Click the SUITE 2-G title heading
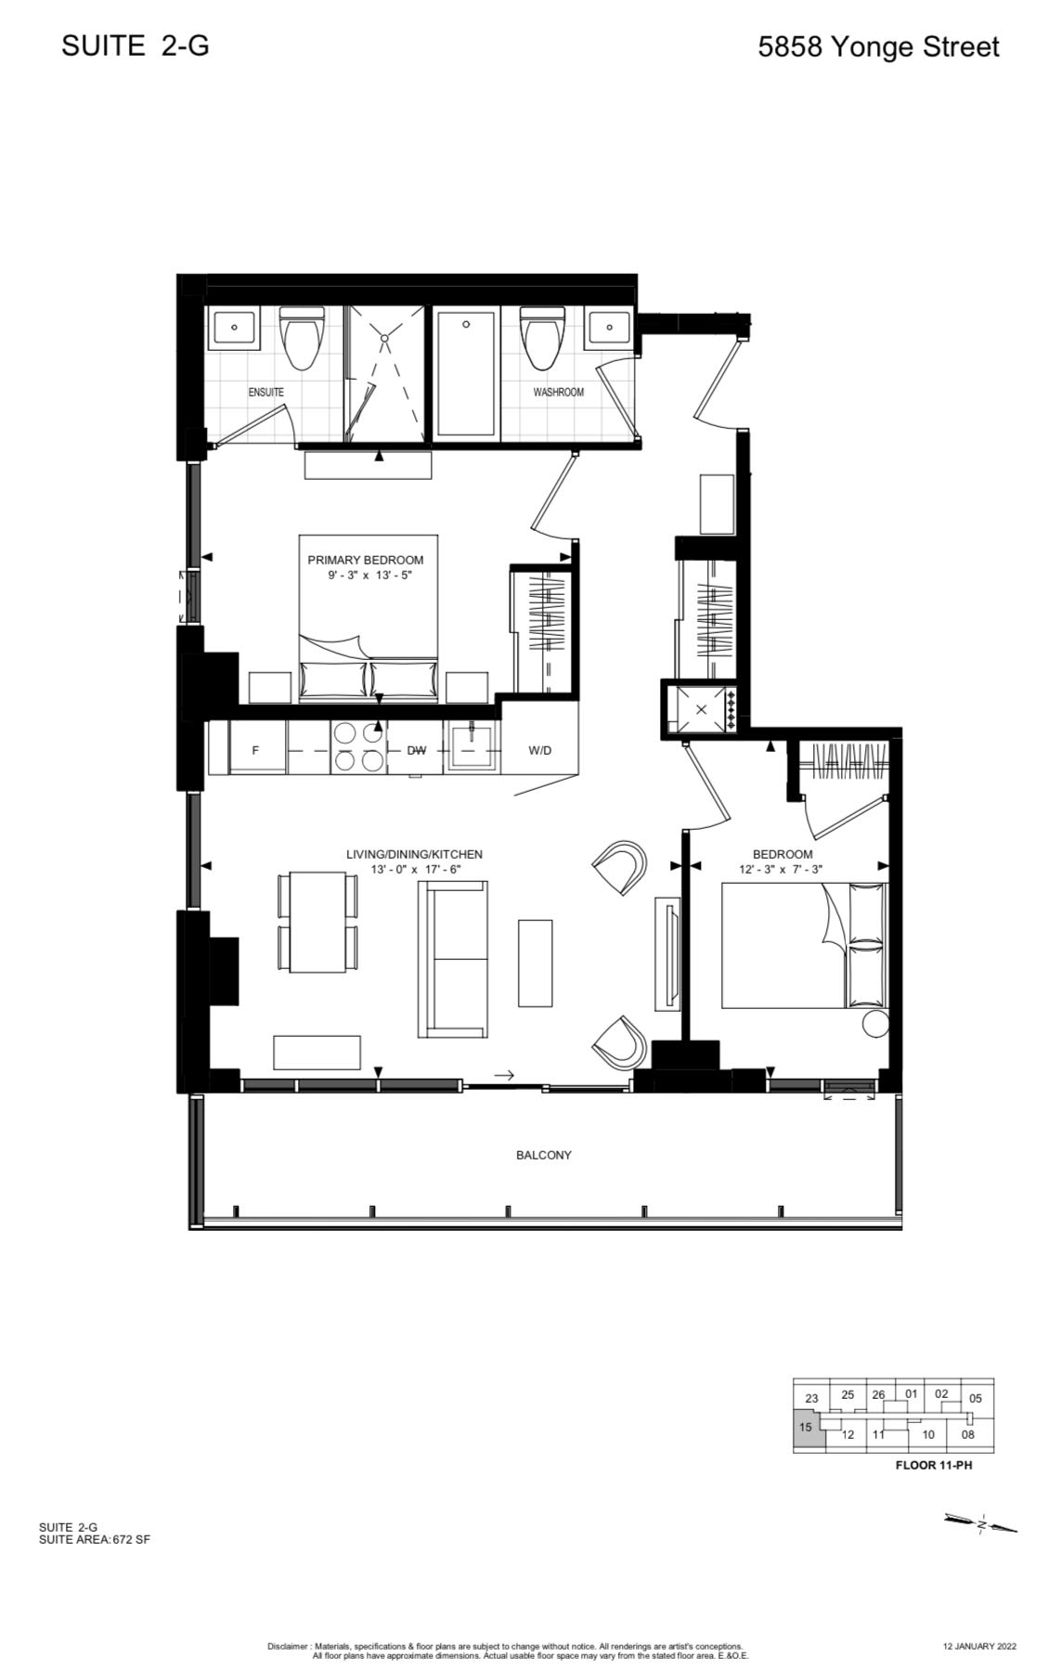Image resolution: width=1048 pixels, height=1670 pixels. coord(136,45)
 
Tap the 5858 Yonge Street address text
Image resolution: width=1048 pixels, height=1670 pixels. coord(878,47)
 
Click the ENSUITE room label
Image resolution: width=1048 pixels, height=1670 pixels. coord(265,392)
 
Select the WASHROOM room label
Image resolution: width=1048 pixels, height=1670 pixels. coord(558,392)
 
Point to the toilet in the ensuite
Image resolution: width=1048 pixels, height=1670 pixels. coord(303,339)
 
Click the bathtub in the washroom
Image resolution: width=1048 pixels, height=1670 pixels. coord(467,373)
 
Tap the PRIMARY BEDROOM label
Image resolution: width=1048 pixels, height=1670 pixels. coord(366,560)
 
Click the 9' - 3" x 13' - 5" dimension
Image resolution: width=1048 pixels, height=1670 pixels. coord(369,576)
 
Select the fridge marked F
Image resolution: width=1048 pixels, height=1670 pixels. coord(255,749)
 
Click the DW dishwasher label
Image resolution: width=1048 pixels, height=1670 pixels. coord(417,750)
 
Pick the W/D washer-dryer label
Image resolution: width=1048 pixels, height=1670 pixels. coord(539,750)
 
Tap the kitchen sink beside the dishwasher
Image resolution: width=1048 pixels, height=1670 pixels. coord(472,747)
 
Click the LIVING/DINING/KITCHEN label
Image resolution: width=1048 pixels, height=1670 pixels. coord(414,854)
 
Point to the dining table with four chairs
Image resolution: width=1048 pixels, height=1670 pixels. coord(317,920)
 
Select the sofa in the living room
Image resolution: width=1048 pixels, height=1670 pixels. coord(454,959)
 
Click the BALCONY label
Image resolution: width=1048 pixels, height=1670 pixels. coord(544,1155)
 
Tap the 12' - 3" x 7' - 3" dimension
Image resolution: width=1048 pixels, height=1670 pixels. coord(782,870)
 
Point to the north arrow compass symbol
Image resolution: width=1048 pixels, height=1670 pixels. coord(980,1522)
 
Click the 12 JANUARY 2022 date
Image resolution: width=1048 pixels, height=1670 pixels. coord(979,1646)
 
